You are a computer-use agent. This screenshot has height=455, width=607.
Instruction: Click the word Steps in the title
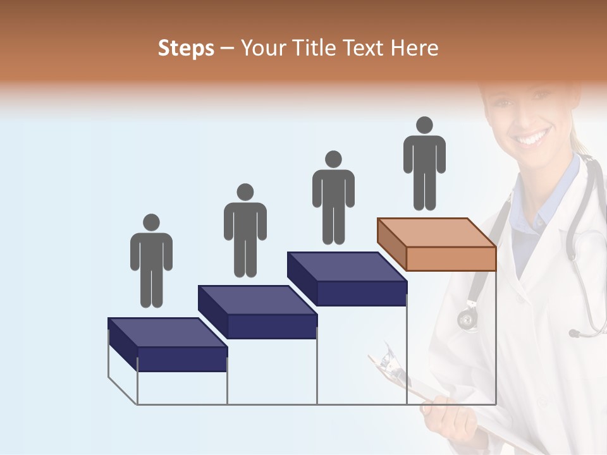tap(186, 49)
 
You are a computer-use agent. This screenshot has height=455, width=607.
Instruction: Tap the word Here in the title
tap(414, 49)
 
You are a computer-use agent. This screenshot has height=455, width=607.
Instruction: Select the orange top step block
tap(437, 244)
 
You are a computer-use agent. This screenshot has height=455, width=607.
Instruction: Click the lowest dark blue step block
tap(168, 344)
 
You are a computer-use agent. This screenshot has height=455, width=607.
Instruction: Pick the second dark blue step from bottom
tap(257, 312)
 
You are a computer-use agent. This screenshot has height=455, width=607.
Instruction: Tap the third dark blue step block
tap(347, 279)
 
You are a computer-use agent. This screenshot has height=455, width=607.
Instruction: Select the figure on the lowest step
tap(151, 262)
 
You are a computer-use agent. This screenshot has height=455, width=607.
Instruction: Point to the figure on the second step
tap(245, 232)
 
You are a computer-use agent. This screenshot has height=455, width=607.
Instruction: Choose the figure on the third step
tap(333, 199)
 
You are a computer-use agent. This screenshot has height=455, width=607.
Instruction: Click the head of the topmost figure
tap(424, 125)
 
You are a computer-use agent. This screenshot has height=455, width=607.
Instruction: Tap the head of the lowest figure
tap(151, 222)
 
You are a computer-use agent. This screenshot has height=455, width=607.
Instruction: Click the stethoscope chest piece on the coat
tap(467, 319)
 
